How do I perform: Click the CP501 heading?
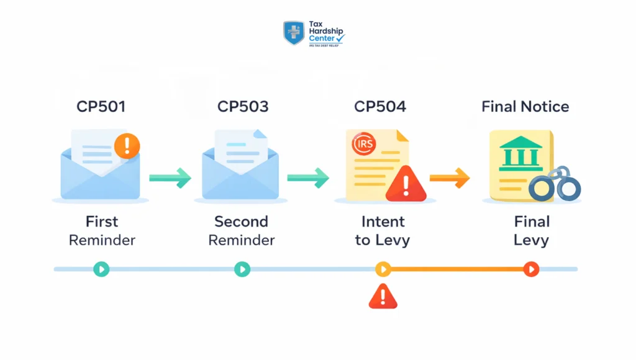click(101, 107)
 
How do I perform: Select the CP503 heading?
click(243, 107)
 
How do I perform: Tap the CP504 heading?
click(380, 107)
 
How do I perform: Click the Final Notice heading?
click(525, 107)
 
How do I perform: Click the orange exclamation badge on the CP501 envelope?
click(127, 146)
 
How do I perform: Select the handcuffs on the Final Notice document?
click(554, 185)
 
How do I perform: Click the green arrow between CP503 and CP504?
click(308, 178)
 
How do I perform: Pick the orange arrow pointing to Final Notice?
click(450, 178)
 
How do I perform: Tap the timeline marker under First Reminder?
click(101, 269)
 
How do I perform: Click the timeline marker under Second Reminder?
click(242, 269)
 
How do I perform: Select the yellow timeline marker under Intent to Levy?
click(383, 269)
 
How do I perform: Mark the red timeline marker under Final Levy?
click(531, 269)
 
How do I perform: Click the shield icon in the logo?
click(294, 33)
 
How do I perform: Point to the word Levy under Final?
click(531, 240)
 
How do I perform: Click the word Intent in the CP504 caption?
click(383, 222)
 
